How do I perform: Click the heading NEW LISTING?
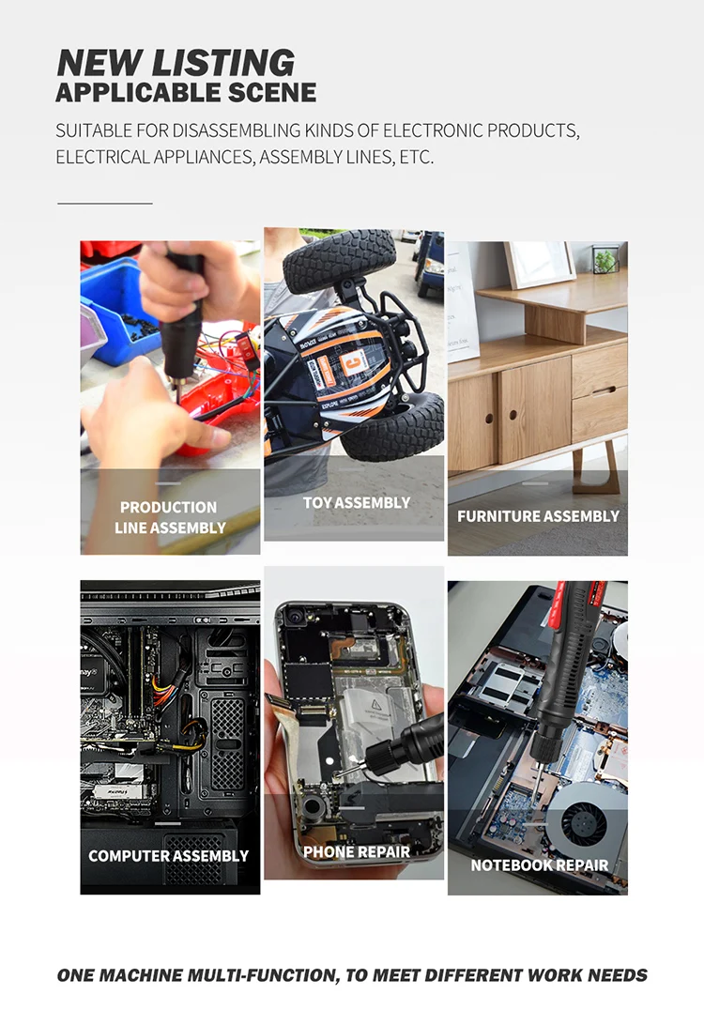[x=176, y=62]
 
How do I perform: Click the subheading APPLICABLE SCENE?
[x=186, y=93]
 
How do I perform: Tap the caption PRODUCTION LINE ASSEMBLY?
[x=170, y=517]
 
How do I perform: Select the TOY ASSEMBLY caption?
[x=356, y=503]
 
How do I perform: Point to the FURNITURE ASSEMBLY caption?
[x=538, y=516]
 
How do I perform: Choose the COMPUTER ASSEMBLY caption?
[x=168, y=856]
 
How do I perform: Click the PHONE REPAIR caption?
[x=357, y=852]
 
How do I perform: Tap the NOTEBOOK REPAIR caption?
[x=539, y=865]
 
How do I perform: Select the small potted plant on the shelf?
[x=605, y=260]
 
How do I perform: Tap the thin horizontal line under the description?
[x=104, y=203]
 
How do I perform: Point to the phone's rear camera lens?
[x=296, y=618]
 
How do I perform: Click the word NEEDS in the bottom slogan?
[x=618, y=975]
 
